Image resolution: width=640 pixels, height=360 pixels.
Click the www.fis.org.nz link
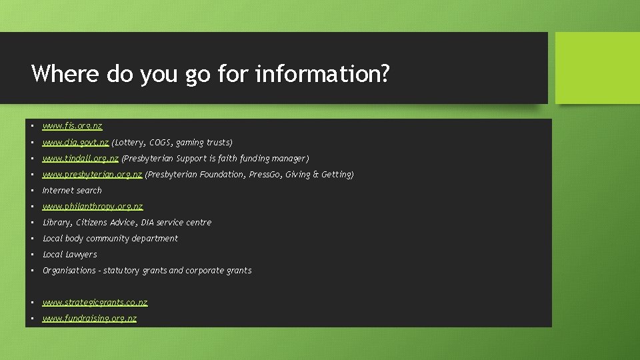[72, 126]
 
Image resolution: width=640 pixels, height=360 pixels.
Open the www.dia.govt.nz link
[75, 142]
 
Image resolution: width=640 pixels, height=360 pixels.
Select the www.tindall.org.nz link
[80, 158]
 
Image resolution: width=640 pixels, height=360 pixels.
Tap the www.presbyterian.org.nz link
[92, 174]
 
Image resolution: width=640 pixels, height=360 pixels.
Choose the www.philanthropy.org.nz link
[93, 206]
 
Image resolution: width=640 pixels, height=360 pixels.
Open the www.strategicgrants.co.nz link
[95, 302]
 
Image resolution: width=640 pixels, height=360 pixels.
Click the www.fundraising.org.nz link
[89, 318]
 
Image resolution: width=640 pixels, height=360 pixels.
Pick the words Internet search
[72, 190]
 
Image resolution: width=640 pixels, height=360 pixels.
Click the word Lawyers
[81, 254]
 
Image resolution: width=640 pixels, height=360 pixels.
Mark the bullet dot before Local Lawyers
[31, 255]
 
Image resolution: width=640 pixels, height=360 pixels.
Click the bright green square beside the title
[597, 68]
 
